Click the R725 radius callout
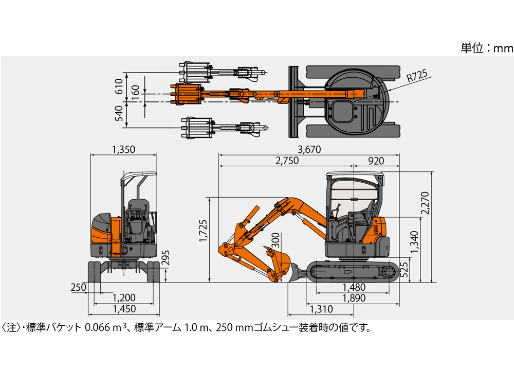pos(417,76)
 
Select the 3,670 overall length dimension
pos(309,150)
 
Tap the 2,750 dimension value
pos(287,161)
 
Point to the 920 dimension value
pos(376,161)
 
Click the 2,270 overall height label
pos(425,203)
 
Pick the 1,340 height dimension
pos(414,242)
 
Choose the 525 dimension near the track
pos(405,270)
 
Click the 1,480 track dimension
pos(354,287)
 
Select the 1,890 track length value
pos(354,298)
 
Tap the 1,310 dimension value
pos(321,309)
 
